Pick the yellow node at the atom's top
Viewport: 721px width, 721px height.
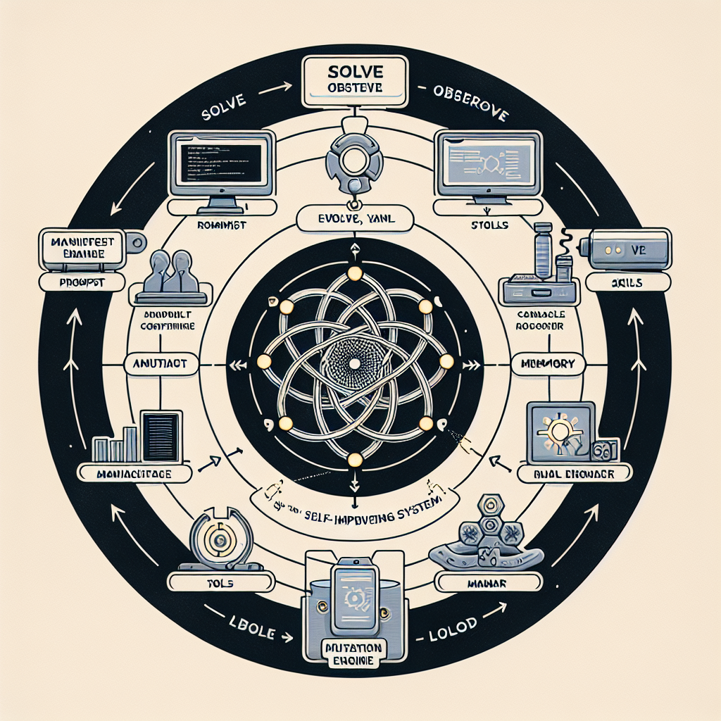(x=355, y=273)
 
